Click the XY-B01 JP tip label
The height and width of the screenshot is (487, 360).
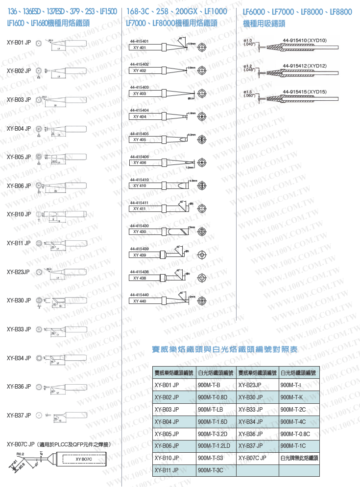pos(19,43)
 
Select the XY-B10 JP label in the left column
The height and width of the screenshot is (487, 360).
pos(19,214)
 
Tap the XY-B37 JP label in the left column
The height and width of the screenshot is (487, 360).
pos(19,415)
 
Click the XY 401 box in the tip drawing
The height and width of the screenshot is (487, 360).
pos(139,47)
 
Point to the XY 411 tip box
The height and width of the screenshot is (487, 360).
pos(139,209)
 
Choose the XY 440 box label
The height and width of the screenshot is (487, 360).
pos(139,301)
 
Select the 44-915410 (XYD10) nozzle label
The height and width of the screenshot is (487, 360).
pos(305,40)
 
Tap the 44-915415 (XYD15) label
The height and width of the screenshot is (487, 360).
pos(305,92)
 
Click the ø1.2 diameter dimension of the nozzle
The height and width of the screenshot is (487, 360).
pos(247,66)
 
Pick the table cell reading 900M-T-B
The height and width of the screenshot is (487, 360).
pos(209,385)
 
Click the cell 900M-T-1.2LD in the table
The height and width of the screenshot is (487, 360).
pos(214,445)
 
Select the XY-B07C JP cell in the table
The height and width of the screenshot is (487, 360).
pos(252,458)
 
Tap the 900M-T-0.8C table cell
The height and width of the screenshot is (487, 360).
pos(295,434)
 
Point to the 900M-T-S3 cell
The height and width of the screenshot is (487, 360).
pos(211,458)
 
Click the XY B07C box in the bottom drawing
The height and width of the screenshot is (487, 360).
pos(84,459)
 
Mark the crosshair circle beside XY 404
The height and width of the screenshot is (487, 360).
pos(201,116)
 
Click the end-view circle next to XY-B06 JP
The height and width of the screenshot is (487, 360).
pos(38,186)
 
